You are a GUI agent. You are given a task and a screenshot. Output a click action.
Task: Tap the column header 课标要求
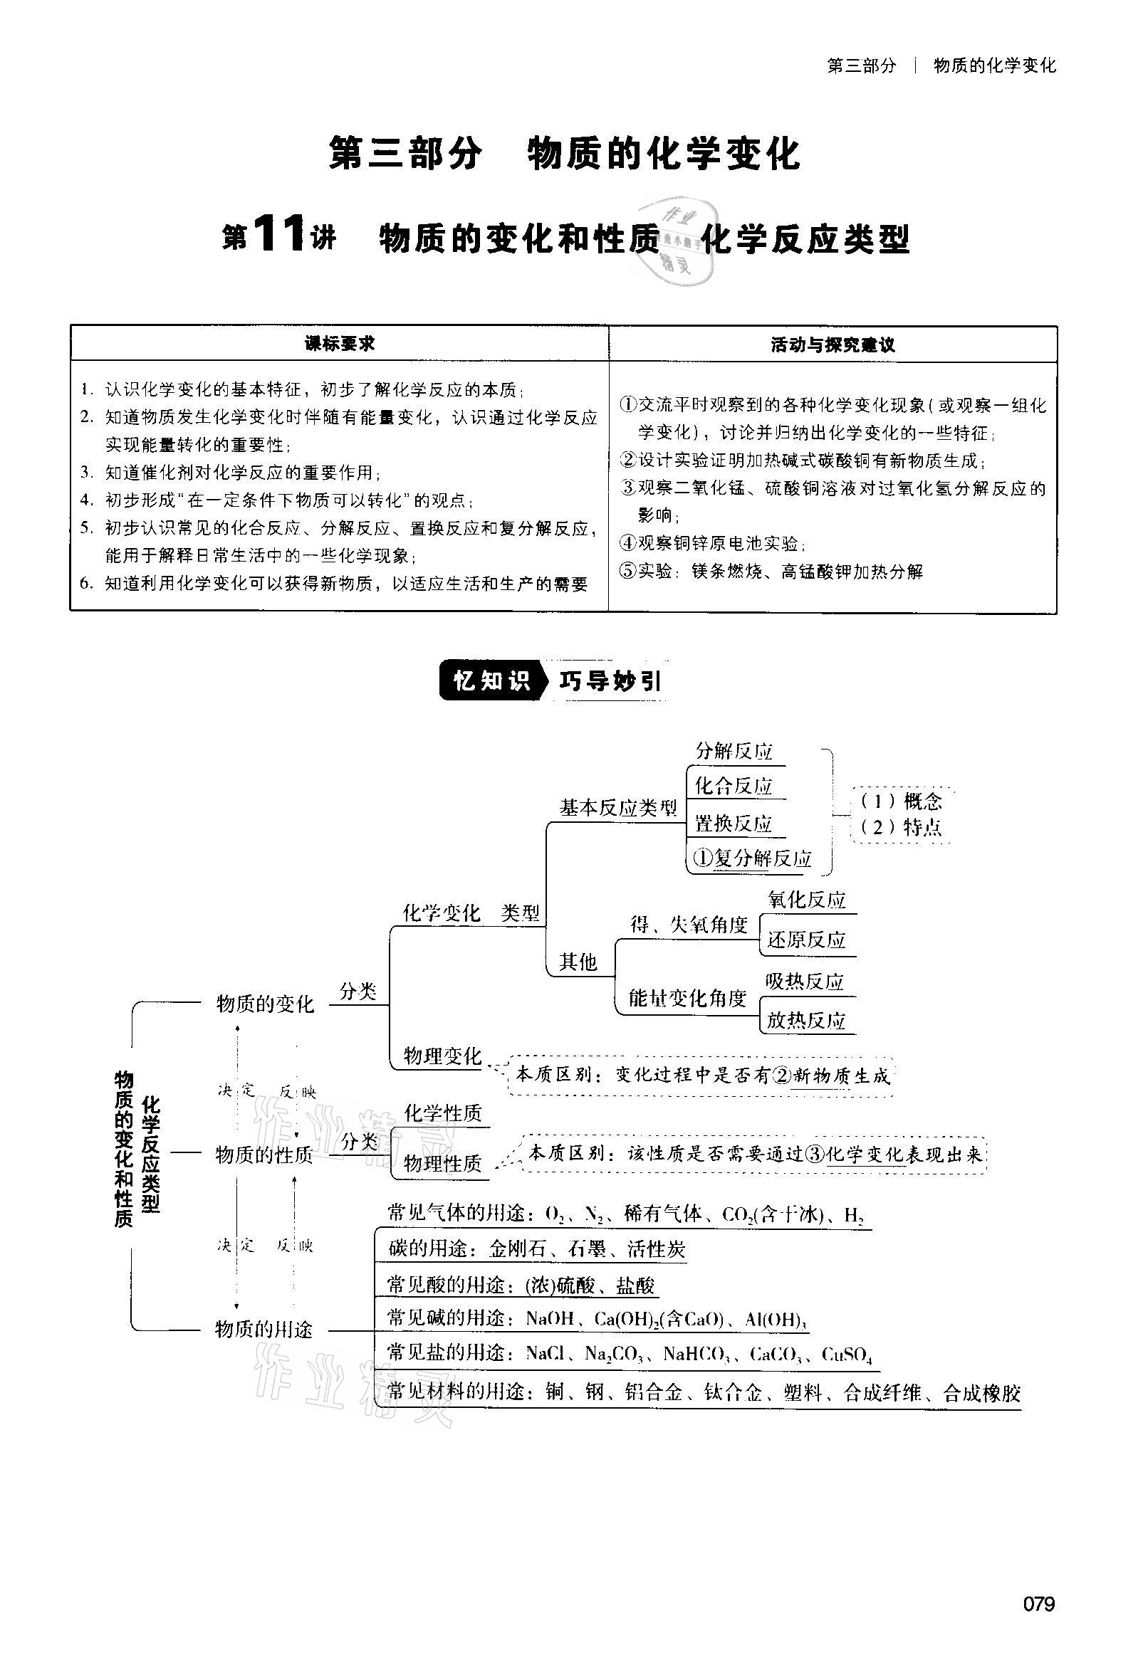340,344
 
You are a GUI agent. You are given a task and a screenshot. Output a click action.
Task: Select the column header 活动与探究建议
833,345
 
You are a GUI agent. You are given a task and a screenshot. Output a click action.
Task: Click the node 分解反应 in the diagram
734,752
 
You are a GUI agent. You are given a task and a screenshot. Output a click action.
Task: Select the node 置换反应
734,823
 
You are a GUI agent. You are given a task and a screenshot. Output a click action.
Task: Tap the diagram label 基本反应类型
618,808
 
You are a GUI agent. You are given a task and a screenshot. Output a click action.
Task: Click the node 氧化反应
807,900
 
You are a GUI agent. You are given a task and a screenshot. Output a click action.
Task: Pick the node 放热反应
806,1020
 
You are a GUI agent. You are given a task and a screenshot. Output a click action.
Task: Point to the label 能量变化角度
687,998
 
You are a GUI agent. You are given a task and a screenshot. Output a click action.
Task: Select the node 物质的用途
264,1330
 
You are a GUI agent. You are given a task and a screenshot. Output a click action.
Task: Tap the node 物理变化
442,1056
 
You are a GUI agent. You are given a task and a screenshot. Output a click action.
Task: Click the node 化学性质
443,1114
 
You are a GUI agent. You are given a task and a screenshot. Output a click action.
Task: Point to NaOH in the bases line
549,1319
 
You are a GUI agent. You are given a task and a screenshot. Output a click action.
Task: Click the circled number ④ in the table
627,543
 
